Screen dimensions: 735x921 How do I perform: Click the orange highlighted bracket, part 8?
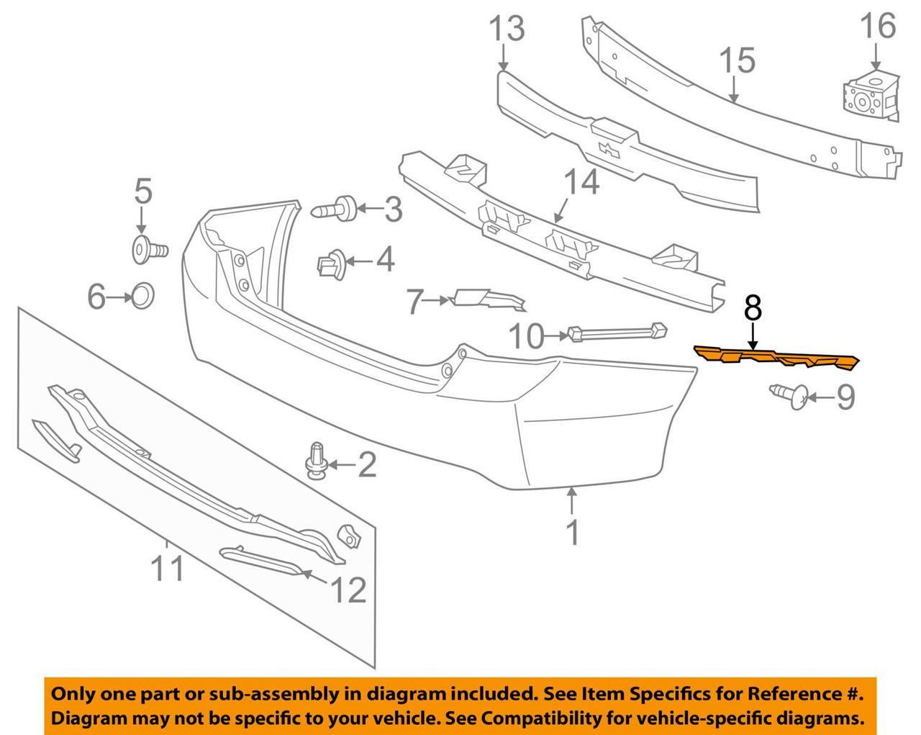click(x=777, y=358)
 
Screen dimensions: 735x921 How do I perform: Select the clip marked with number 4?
click(x=330, y=264)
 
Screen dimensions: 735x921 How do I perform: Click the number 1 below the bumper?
click(x=572, y=532)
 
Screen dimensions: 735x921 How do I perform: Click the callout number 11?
click(x=167, y=569)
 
